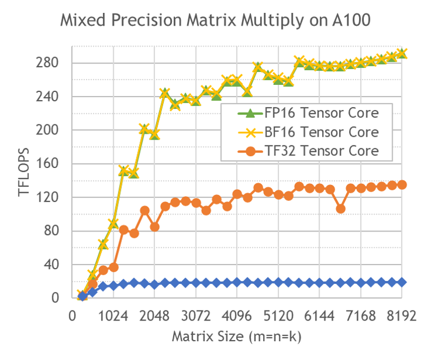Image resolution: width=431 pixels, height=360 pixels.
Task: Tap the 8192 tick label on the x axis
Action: pyautogui.click(x=402, y=316)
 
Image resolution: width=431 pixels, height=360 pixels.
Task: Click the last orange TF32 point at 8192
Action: pyautogui.click(x=403, y=184)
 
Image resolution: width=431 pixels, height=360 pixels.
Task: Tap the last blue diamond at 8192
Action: pyautogui.click(x=403, y=282)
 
